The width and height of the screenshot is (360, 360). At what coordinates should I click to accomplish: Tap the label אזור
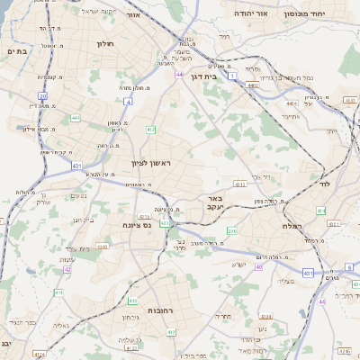pyautogui.click(x=134, y=15)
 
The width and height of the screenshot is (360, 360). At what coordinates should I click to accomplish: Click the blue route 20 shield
pyautogui.click(x=42, y=95)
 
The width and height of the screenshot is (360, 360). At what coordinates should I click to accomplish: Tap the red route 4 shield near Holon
pyautogui.click(x=129, y=102)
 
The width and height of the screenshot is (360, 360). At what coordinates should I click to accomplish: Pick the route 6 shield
pyautogui.click(x=348, y=267)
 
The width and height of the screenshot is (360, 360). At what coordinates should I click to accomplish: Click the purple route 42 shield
pyautogui.click(x=67, y=268)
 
